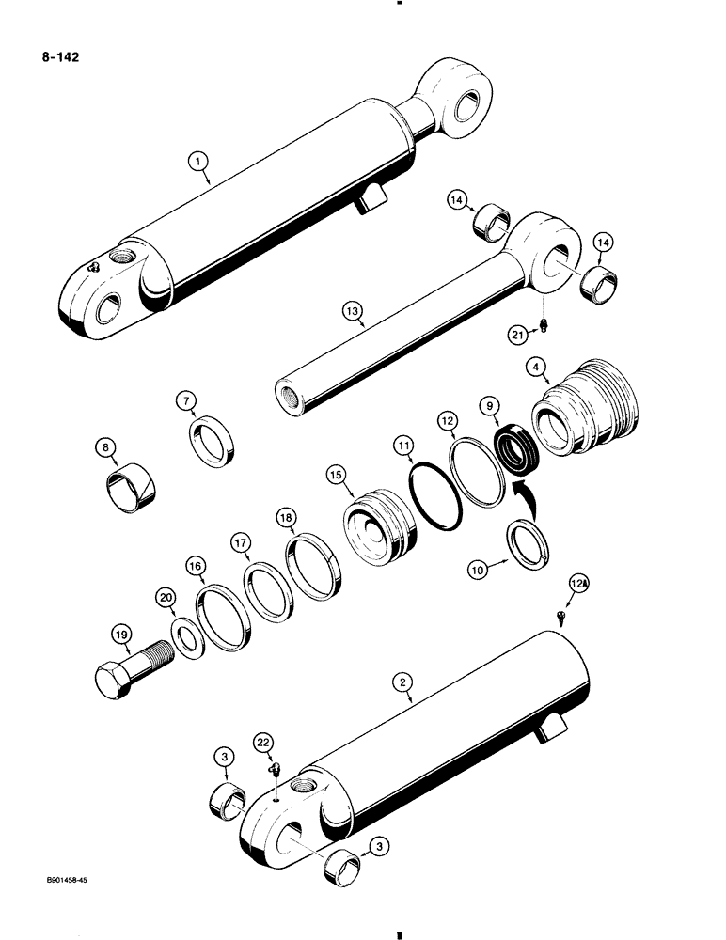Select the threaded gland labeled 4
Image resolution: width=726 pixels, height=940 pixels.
tap(583, 409)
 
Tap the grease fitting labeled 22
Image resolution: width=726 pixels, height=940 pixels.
tap(275, 770)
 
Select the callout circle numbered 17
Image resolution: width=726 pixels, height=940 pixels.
tap(242, 543)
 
